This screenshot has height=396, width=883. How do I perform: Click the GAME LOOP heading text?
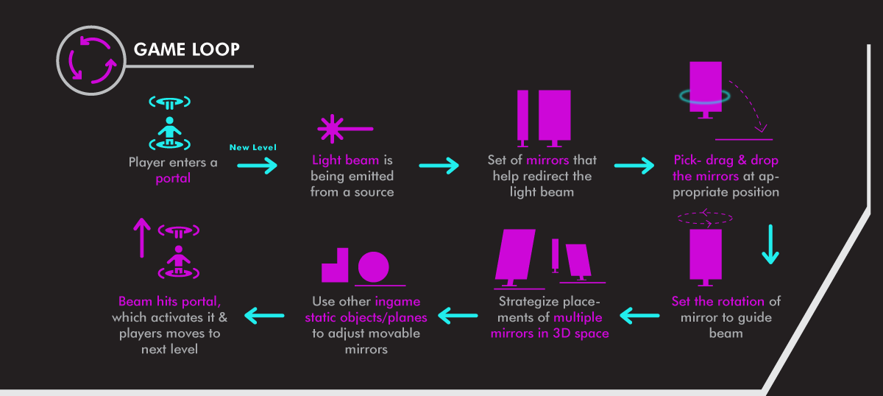pyautogui.click(x=187, y=49)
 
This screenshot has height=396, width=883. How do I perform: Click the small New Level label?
pyautogui.click(x=253, y=147)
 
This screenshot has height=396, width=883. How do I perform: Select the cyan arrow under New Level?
pyautogui.click(x=258, y=166)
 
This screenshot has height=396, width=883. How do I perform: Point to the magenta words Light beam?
pyautogui.click(x=346, y=160)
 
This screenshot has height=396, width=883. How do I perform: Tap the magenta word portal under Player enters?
pyautogui.click(x=173, y=178)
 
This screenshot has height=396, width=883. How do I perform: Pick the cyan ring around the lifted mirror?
pyautogui.click(x=704, y=96)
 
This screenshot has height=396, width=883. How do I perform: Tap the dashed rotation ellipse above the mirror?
pyautogui.click(x=704, y=218)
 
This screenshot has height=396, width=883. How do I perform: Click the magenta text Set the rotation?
pyautogui.click(x=718, y=301)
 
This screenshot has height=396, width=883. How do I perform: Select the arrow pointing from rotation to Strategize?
pyautogui.click(x=639, y=317)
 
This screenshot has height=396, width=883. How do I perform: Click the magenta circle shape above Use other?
pyautogui.click(x=373, y=267)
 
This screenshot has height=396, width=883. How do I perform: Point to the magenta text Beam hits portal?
pyautogui.click(x=170, y=301)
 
